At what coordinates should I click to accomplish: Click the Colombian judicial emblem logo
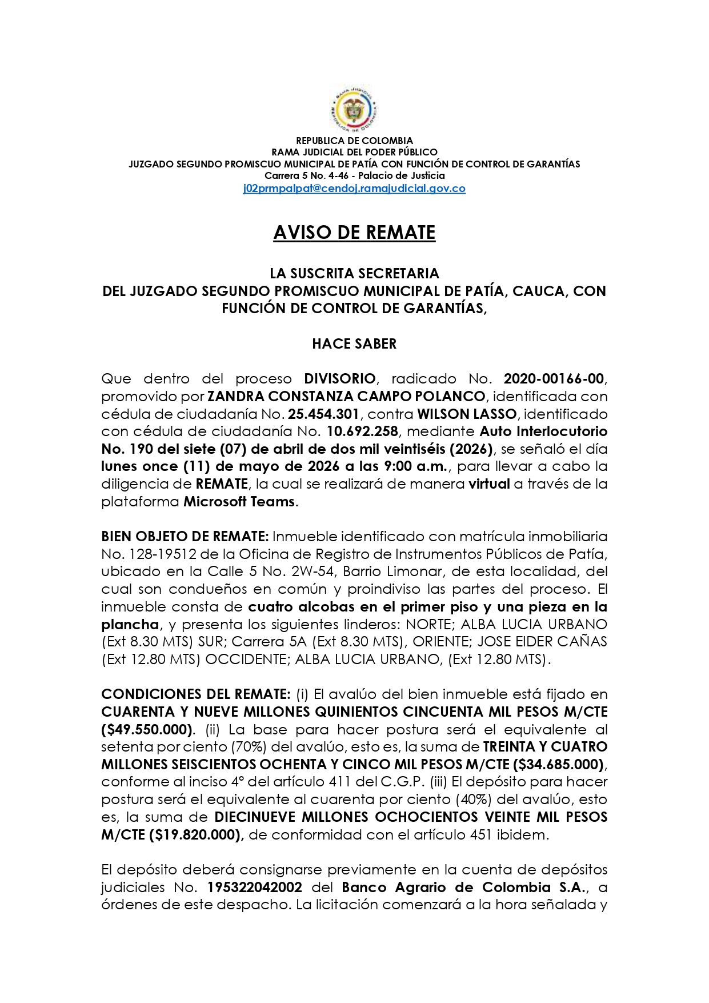pos(354,109)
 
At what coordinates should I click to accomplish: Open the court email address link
pos(354,189)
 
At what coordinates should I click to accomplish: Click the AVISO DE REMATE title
pos(354,233)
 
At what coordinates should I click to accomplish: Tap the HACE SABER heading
pos(354,343)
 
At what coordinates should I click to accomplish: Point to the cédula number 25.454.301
pos(323,414)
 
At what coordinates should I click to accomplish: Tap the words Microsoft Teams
pos(239,502)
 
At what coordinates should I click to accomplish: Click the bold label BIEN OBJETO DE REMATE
pos(185,537)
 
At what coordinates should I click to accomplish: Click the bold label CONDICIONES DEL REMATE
pos(196,694)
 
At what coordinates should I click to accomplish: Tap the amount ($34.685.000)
pos(558,765)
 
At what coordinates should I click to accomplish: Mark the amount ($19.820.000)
pos(197,835)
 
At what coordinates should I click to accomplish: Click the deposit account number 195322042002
pos(255,888)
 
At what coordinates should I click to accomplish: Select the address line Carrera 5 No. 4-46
pos(305,176)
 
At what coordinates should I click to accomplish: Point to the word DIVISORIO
pos(339,378)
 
